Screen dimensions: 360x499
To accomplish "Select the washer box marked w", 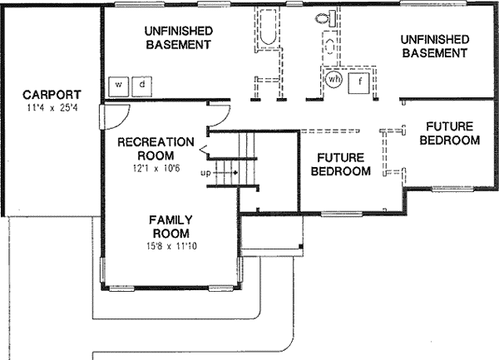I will (x=119, y=85).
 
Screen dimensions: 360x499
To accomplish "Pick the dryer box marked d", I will (x=142, y=85).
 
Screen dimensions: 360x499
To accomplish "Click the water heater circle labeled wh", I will (x=333, y=80).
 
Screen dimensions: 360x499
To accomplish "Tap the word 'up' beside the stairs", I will (x=205, y=173).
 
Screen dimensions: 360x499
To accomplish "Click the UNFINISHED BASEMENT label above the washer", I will (x=177, y=37).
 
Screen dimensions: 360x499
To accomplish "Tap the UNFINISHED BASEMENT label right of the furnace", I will (x=432, y=46).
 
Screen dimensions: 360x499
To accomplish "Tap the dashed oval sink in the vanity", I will (x=331, y=48).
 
